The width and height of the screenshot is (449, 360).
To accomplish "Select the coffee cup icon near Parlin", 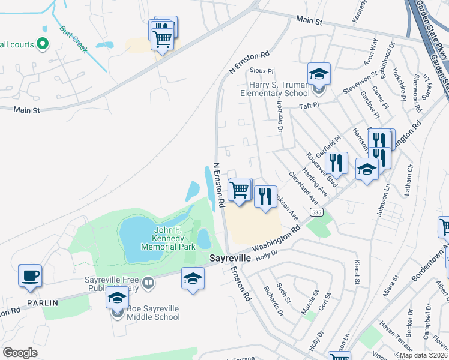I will [30, 276].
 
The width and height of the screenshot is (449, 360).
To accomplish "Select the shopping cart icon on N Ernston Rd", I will [240, 190].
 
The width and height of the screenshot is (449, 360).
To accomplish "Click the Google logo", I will [20, 352].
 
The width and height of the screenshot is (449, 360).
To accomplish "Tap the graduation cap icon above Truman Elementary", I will [319, 74].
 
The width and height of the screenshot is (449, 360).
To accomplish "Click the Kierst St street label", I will [357, 271].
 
